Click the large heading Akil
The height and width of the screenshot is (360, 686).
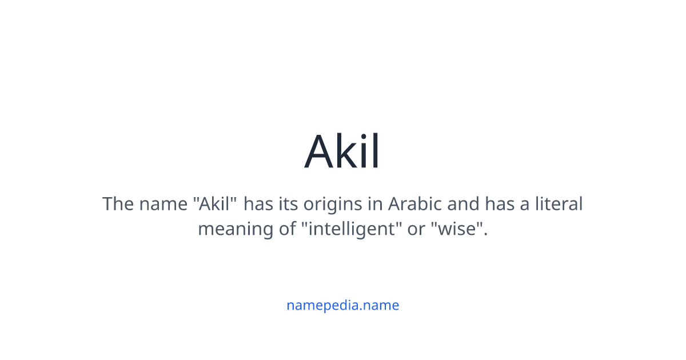click(x=342, y=152)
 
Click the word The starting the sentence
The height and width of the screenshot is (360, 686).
click(x=118, y=204)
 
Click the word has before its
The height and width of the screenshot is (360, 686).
click(x=259, y=204)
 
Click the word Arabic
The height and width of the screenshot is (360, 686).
click(x=416, y=204)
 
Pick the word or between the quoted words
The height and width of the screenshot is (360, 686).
click(x=416, y=229)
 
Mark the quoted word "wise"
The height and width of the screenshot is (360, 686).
click(x=458, y=229)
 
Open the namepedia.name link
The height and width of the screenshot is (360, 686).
click(x=342, y=305)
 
